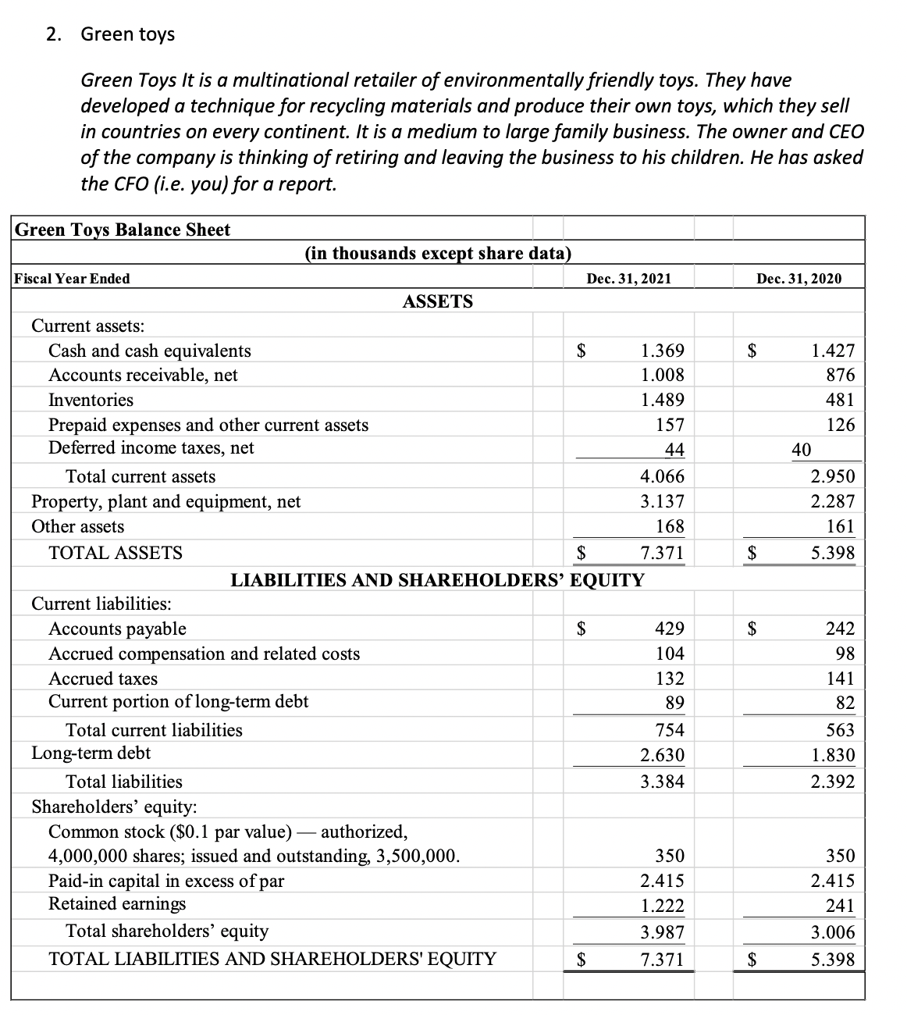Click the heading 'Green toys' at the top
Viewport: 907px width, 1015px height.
[127, 34]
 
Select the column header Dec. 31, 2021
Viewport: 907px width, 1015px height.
[630, 279]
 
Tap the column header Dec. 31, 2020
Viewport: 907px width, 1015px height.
[800, 279]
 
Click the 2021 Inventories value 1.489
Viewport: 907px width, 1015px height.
[662, 401]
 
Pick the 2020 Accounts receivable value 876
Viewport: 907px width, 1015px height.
[841, 376]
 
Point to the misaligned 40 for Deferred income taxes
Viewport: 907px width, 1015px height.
[801, 450]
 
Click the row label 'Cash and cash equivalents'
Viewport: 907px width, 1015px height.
[150, 351]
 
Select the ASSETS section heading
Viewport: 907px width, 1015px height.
[437, 301]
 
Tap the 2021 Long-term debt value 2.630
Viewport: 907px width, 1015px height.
[662, 756]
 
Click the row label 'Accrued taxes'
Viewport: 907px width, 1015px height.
[103, 678]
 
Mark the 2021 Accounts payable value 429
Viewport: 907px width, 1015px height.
[669, 629]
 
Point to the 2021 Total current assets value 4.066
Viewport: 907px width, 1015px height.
[662, 476]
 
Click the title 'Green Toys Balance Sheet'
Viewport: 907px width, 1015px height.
[123, 230]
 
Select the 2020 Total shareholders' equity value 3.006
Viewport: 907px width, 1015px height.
[833, 932]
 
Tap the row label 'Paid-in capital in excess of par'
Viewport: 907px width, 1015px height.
[166, 881]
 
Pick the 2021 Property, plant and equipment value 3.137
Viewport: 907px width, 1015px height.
[662, 501]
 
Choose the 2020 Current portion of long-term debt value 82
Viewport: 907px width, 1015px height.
[845, 703]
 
